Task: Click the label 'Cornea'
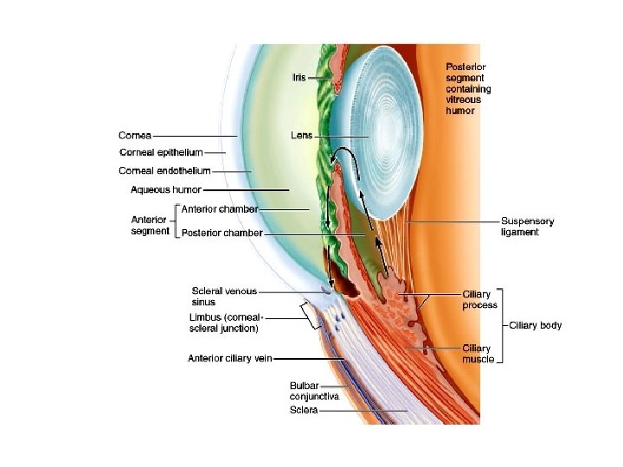pos(135,136)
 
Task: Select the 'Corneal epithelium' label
pos(161,152)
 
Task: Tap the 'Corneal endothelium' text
pos(164,170)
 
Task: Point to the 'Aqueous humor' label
pos(166,189)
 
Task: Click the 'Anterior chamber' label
pos(220,209)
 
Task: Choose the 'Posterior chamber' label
pos(222,233)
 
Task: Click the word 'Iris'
pos(299,78)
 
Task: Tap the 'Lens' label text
pos(302,136)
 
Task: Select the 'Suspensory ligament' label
pos(527,227)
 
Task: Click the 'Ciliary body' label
pos(536,325)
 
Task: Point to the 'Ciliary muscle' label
pos(478,354)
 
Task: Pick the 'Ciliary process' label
pos(479,299)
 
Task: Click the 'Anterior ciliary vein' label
pos(229,358)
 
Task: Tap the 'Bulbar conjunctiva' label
pos(315,391)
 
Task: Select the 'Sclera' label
pos(304,410)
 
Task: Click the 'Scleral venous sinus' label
pos(224,297)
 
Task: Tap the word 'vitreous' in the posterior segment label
pos(463,99)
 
